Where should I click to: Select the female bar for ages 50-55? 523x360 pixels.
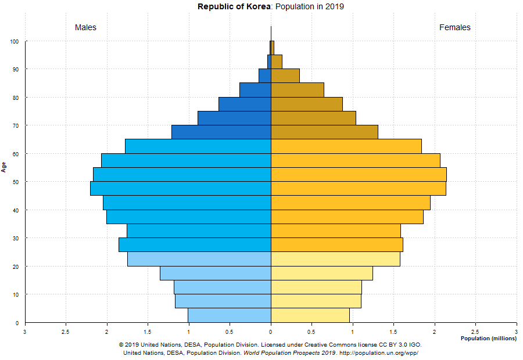point(359,174)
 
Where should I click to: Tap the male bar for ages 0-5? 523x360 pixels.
point(230,315)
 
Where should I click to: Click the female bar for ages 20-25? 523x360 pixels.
point(335,259)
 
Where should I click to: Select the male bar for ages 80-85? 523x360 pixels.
point(255,90)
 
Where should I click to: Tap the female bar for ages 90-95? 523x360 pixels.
point(277,62)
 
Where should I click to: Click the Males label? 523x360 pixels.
point(85,28)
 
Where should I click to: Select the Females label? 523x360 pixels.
point(455,28)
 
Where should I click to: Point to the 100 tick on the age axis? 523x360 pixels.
point(14,41)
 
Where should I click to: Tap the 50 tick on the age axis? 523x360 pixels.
point(15,182)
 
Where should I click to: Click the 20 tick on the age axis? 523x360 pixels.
point(15,267)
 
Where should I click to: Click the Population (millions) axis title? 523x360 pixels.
point(488,338)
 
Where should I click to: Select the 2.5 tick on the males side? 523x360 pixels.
point(66,332)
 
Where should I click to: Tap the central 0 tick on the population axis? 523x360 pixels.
point(271,332)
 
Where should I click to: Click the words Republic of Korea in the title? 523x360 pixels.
point(234,7)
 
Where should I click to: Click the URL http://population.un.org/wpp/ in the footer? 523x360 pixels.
point(378,352)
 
